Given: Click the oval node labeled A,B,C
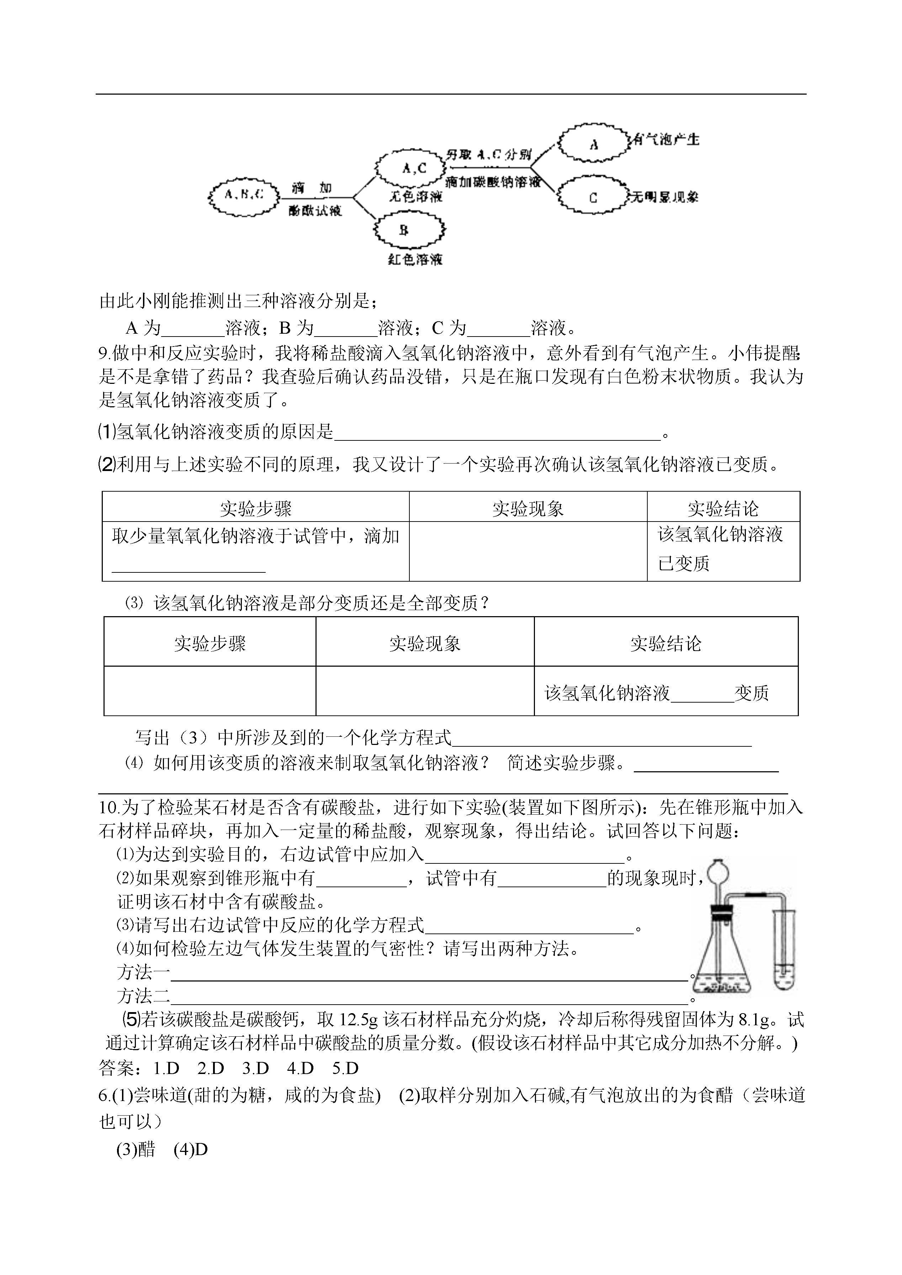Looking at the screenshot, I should pyautogui.click(x=244, y=195).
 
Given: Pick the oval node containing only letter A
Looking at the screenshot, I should pyautogui.click(x=593, y=143).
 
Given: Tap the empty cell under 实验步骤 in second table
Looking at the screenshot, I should pyautogui.click(x=209, y=691).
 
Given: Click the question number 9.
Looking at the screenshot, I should pyautogui.click(x=105, y=353).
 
